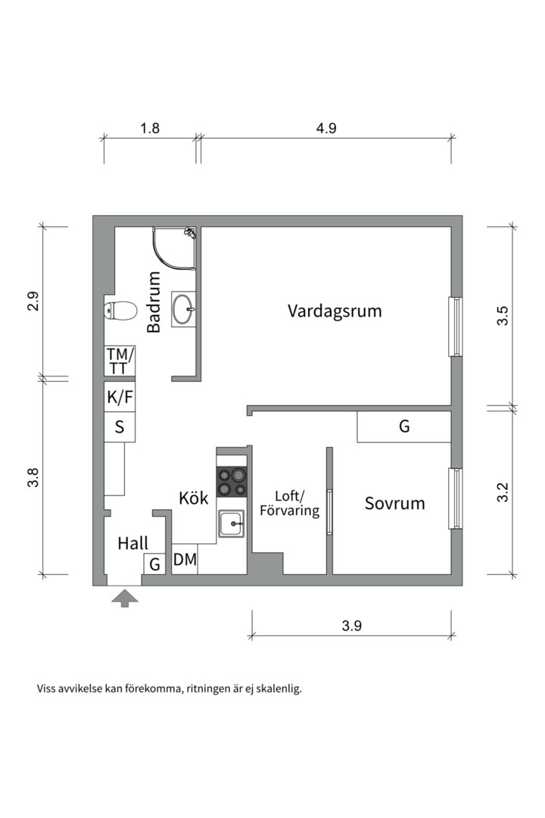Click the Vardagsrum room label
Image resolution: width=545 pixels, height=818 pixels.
click(335, 311)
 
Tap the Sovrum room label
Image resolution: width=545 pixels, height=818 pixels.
click(394, 503)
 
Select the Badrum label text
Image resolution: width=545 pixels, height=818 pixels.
click(154, 302)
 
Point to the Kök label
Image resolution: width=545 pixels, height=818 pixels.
click(194, 498)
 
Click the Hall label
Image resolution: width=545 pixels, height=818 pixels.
click(132, 543)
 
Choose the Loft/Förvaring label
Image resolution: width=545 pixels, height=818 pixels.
click(289, 504)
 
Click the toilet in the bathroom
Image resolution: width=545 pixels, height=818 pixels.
click(120, 311)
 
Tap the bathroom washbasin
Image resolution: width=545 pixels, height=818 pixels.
click(183, 308)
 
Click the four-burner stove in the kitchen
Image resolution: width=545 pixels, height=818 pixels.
click(232, 481)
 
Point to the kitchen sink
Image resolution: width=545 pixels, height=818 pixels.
click(231, 523)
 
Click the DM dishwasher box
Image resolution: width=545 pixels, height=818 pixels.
click(185, 560)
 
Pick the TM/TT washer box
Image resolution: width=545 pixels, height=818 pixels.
click(120, 360)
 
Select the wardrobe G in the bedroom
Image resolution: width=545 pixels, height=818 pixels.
click(404, 427)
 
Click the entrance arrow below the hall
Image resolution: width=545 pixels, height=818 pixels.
click(125, 599)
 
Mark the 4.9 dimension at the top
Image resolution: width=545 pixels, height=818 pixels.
click(326, 128)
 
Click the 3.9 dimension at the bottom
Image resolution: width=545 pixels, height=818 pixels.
click(352, 626)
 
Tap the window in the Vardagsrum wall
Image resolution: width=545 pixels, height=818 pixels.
click(456, 326)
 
